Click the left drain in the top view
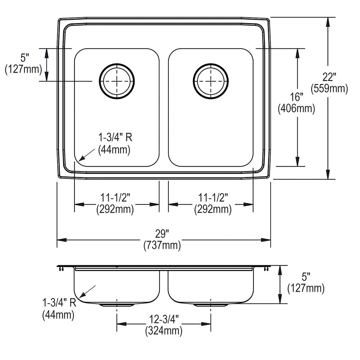[117, 81]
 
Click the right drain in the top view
[211, 81]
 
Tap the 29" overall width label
[162, 234]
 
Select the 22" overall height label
[329, 77]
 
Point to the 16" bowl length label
[297, 97]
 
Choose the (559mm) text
[329, 89]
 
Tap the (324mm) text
[163, 330]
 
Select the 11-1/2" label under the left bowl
[115, 198]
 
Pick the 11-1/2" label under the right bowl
[213, 198]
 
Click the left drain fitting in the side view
[117, 305]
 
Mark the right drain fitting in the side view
[211, 305]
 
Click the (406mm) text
[297, 108]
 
